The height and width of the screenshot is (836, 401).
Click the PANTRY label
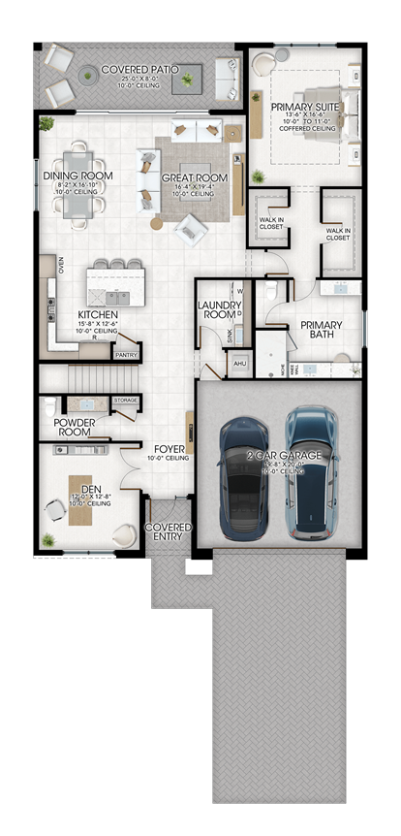coord(126,355)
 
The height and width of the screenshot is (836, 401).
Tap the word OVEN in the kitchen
coord(60,265)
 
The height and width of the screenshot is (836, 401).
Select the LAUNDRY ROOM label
coord(219,309)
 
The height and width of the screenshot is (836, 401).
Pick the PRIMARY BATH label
coord(321,331)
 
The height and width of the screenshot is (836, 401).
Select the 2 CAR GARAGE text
coord(281,455)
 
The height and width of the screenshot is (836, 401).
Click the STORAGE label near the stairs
coord(125,399)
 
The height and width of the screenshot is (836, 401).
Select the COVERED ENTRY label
coord(169,533)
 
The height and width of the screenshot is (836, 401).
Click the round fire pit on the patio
coord(88,72)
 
